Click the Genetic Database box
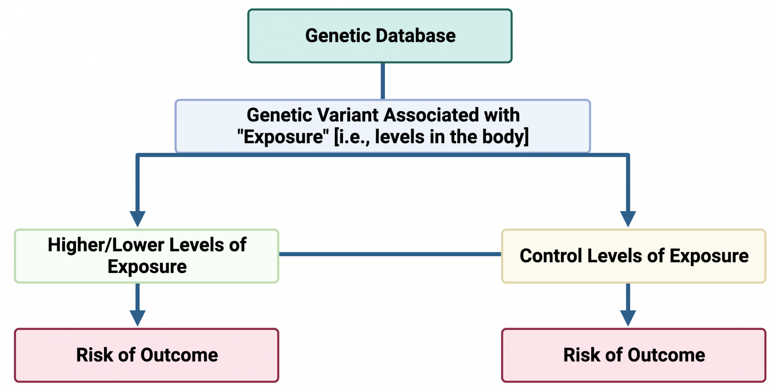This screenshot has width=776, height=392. pyautogui.click(x=380, y=36)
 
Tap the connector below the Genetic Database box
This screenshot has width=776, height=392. pyautogui.click(x=383, y=81)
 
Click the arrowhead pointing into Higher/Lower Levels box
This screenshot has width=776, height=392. pyautogui.click(x=137, y=219)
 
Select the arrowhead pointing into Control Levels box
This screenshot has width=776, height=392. pyautogui.click(x=628, y=219)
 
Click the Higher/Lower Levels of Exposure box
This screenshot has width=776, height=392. pyautogui.click(x=147, y=256)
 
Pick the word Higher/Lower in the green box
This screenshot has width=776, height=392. pyautogui.click(x=106, y=245)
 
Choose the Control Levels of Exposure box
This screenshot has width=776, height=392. pyautogui.click(x=634, y=256)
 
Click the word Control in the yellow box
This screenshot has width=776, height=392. pyautogui.click(x=551, y=256)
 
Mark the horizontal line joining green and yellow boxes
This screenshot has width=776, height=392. pyautogui.click(x=390, y=254)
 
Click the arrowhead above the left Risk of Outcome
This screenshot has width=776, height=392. pyautogui.click(x=137, y=318)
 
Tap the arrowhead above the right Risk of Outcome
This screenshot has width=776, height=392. pyautogui.click(x=628, y=318)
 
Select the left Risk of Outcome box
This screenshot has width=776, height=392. pyautogui.click(x=147, y=356)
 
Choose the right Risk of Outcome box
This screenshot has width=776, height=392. pyautogui.click(x=634, y=356)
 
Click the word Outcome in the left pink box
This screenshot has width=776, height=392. pyautogui.click(x=179, y=355)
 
